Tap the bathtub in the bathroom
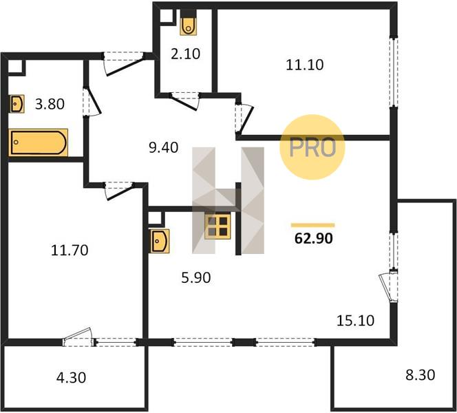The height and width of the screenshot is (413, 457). pos(38,142)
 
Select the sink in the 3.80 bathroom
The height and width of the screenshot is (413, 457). pos(17,103)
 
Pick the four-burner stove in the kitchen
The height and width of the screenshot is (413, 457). pos(217,226)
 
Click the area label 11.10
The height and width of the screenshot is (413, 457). pos(305,65)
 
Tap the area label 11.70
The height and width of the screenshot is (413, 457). pos(70,251)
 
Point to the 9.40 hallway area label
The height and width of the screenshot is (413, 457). pos(164,148)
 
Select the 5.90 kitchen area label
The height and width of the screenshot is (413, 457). pos(196,278)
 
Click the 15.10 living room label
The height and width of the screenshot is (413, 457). pos(355,321)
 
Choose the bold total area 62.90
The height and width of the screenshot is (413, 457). pos(314,238)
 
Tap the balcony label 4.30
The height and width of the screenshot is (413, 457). pos(71,378)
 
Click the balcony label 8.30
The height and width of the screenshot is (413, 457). pos(421,375)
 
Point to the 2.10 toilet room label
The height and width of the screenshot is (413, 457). pos(185,54)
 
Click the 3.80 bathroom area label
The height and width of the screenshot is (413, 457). pos(50,104)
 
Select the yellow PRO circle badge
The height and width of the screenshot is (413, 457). pos(312,147)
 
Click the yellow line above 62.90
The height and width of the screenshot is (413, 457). pos(312,225)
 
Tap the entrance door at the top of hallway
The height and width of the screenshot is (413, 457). pos(124,63)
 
